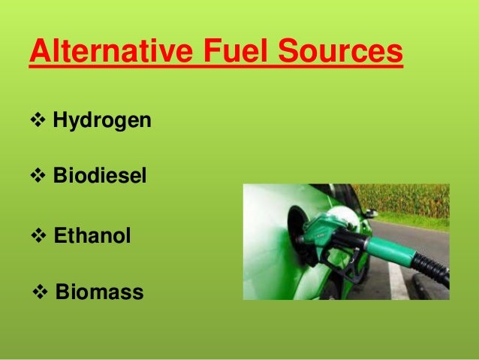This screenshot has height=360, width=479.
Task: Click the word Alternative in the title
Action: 109,52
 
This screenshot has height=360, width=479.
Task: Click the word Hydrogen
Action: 102,120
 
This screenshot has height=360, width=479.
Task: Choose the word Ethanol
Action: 92,236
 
